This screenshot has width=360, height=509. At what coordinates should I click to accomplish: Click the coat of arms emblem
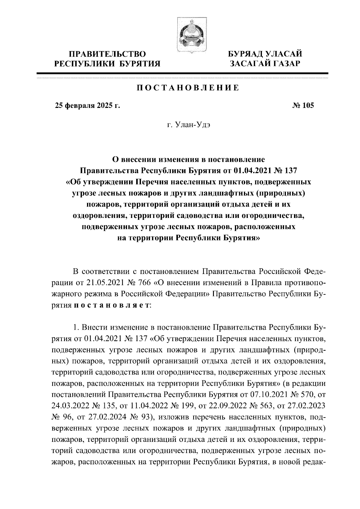point(189,35)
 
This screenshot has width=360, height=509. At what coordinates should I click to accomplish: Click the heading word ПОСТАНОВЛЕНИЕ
point(188,88)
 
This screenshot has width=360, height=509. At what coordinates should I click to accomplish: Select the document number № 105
point(302,106)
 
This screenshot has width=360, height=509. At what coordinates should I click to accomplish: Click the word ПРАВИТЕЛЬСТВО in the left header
point(108,54)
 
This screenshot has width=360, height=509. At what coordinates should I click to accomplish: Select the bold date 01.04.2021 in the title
point(253,171)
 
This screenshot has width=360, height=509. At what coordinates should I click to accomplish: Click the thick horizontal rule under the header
point(182,73)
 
